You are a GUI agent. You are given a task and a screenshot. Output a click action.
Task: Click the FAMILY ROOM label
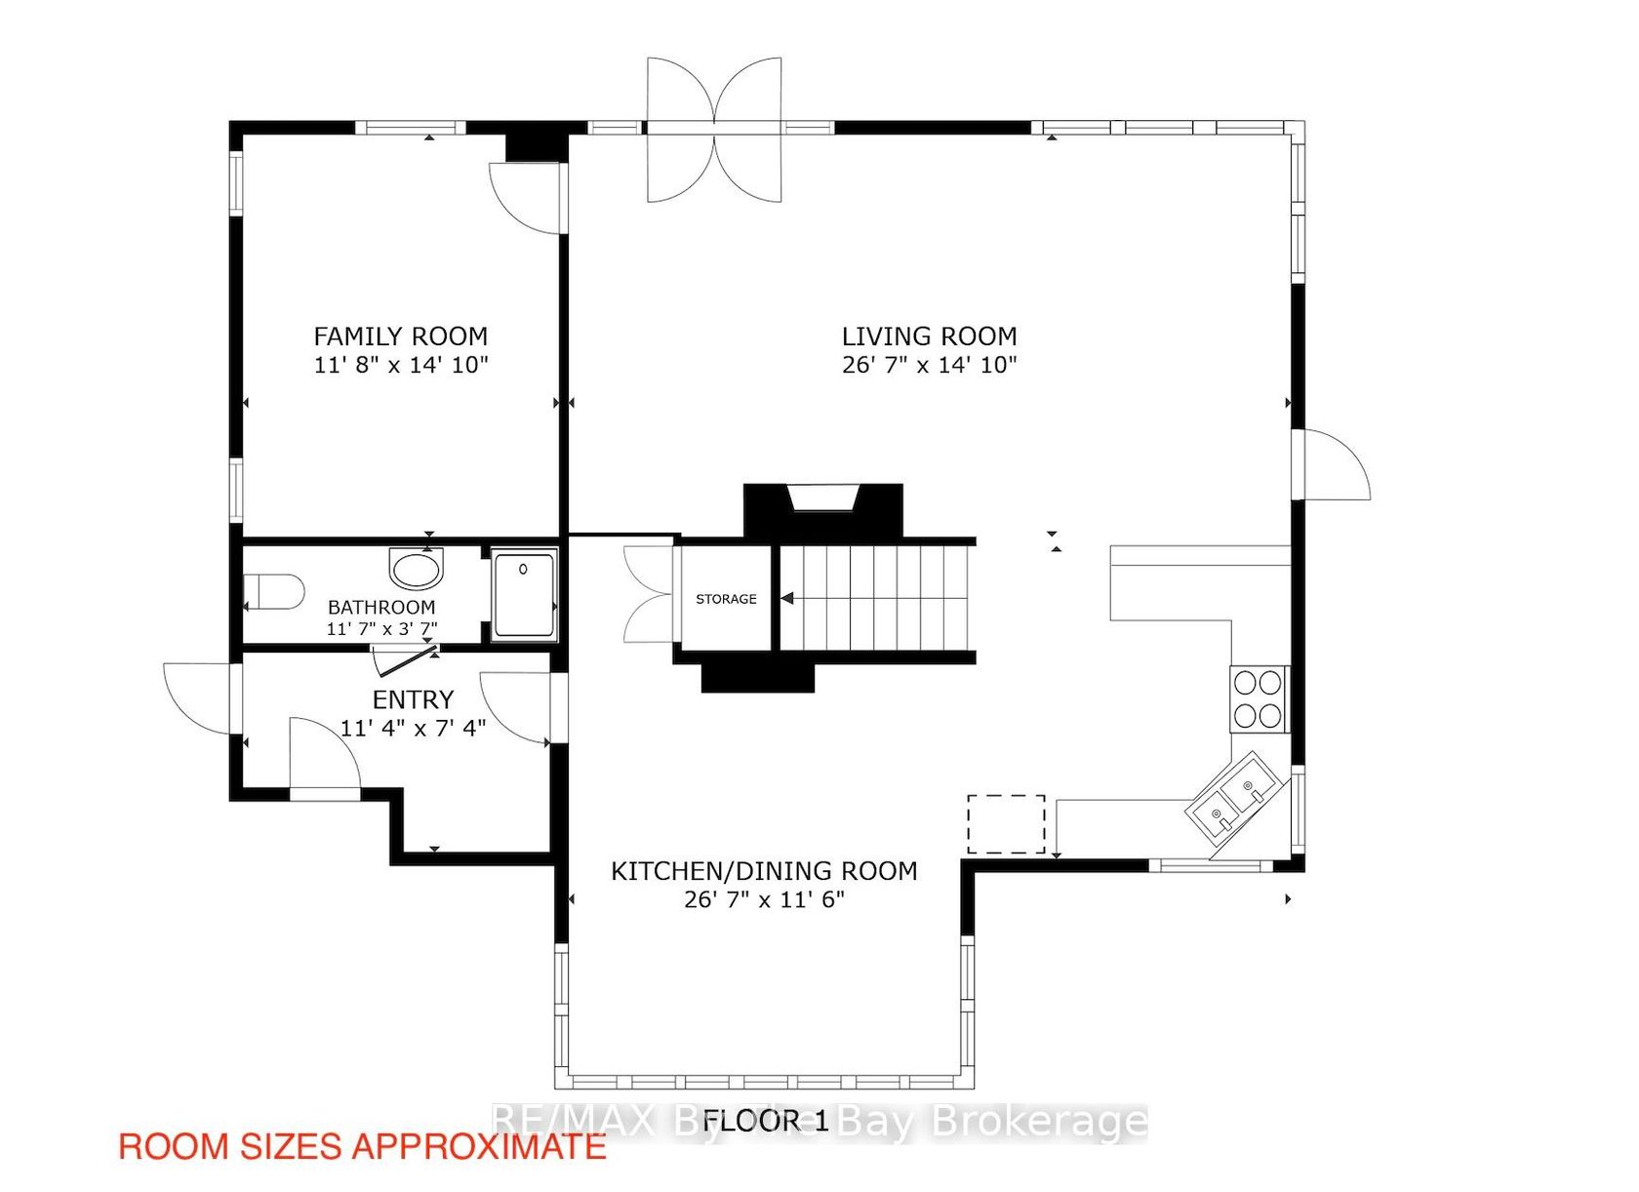(400, 337)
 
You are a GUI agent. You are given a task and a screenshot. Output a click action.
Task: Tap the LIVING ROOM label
(929, 337)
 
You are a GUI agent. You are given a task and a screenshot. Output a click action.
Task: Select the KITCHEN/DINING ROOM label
(764, 871)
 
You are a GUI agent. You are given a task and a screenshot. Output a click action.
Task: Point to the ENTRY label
(413, 699)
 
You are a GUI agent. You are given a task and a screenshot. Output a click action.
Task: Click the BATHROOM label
(381, 608)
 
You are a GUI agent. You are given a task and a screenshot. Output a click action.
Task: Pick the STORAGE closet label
(726, 599)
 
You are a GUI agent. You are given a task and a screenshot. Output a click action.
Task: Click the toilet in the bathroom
(273, 591)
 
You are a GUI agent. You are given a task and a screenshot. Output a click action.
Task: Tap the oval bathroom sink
(418, 568)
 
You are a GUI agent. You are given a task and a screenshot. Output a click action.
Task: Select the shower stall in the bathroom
(524, 595)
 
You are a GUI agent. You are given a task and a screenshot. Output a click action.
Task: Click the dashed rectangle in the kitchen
(1006, 824)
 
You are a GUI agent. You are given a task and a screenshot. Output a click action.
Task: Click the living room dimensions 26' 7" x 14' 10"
(929, 365)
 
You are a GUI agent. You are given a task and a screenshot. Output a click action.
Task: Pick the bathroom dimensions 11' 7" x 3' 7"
(381, 628)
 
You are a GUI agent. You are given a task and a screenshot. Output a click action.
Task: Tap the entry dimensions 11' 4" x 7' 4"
(413, 728)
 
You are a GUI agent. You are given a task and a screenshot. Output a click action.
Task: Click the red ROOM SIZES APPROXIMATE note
(362, 1146)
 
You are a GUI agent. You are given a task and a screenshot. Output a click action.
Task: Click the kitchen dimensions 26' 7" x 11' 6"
(764, 899)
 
